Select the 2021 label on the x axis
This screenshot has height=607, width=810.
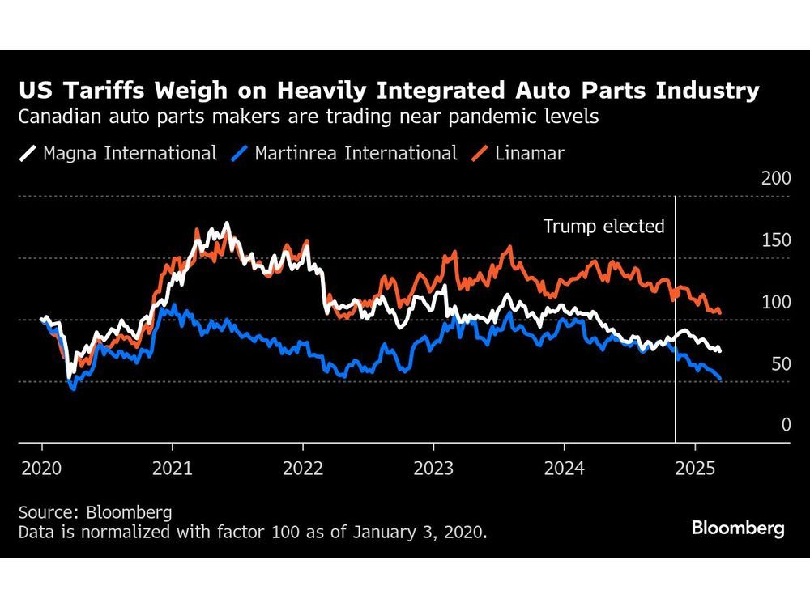(172, 468)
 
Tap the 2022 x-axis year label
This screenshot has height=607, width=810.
(303, 468)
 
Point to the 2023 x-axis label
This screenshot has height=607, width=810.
(433, 468)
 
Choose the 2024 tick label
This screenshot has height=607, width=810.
(564, 468)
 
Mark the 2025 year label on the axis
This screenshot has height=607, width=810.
(695, 468)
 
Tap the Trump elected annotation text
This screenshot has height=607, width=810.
(603, 226)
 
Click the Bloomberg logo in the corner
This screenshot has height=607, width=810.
(738, 528)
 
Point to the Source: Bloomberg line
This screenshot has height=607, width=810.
(96, 512)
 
